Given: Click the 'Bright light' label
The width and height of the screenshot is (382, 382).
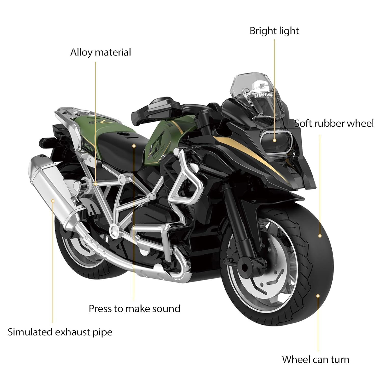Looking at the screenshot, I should tap(274, 31).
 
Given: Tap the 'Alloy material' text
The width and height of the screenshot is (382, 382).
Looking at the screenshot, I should tap(101, 52).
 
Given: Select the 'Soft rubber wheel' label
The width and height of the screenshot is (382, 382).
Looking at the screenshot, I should tap(334, 123).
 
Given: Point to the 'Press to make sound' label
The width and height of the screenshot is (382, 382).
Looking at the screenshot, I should tap(134, 308).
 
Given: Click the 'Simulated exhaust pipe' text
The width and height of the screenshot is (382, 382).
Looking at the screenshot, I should tap(60, 332).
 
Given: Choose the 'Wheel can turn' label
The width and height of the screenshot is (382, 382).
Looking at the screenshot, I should tap(316, 359).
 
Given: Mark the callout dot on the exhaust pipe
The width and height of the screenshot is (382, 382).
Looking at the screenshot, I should tap(53, 201).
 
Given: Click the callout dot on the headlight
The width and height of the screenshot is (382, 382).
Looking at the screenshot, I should tap(275, 140).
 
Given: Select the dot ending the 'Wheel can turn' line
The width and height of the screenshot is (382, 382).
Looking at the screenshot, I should tap(318, 296).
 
